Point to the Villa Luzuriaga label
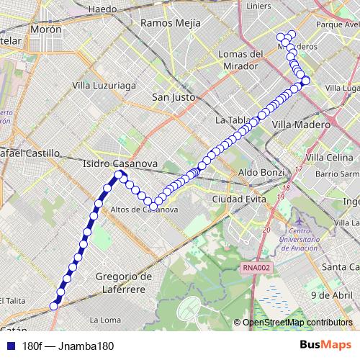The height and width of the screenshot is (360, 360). (x=104, y=85)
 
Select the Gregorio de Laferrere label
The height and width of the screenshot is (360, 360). (x=125, y=282)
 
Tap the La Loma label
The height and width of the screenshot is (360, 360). (x=105, y=318)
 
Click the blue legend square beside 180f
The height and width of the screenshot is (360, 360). (x=9, y=346)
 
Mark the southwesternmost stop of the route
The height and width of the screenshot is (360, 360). (x=53, y=306)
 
